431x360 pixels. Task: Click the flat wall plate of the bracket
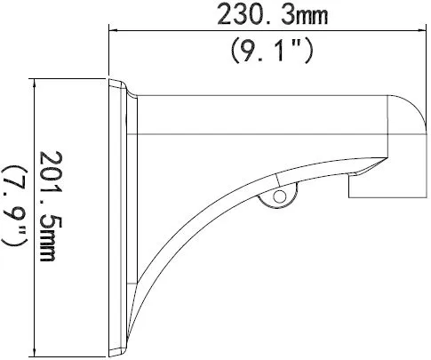118,213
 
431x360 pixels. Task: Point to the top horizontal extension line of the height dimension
71,78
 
